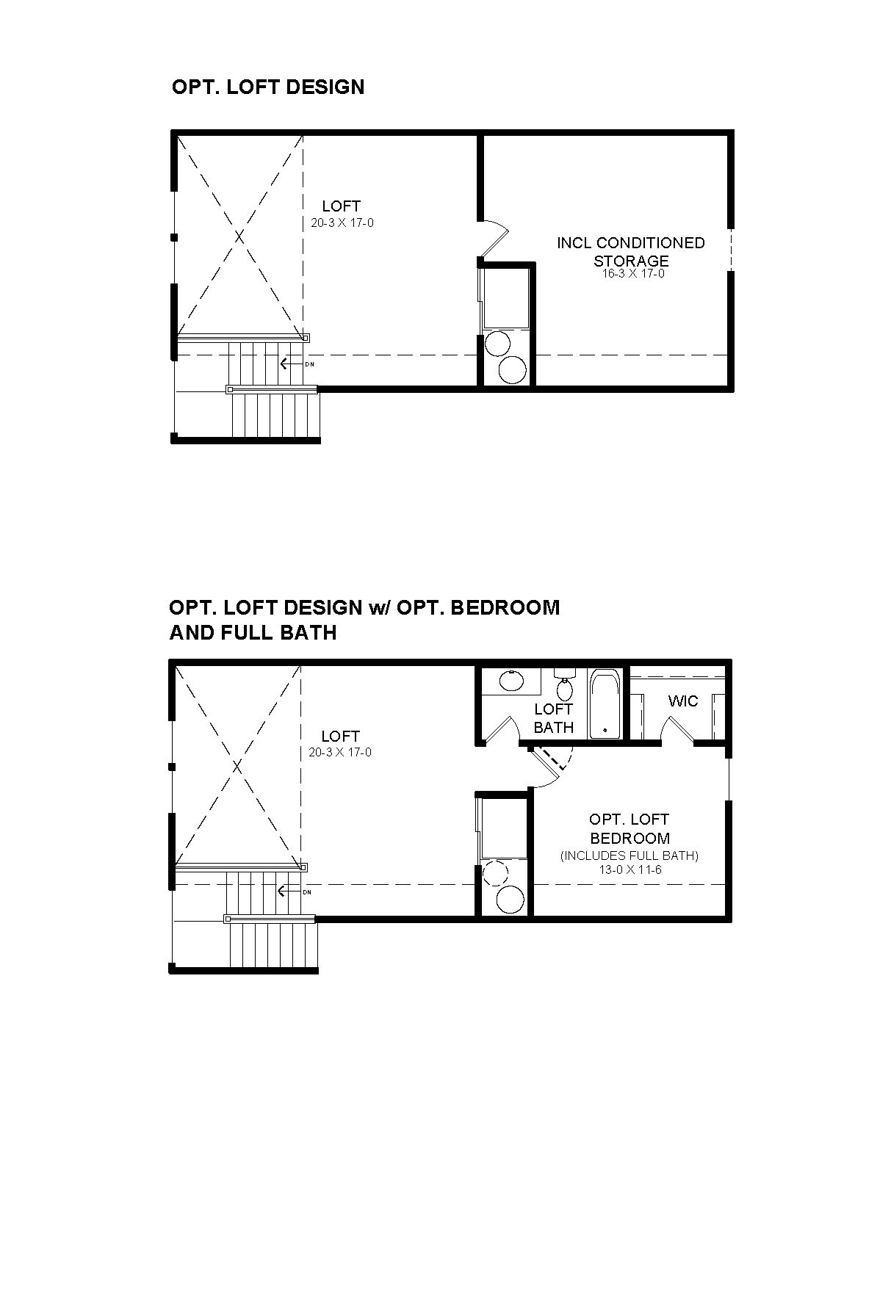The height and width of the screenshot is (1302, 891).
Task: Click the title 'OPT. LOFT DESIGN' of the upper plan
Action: point(268,87)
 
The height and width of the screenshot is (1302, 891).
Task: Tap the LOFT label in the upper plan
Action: point(342,206)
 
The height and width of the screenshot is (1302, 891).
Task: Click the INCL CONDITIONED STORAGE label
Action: point(631,251)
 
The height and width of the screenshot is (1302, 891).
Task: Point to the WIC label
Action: point(683,701)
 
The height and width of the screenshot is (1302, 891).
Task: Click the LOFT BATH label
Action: point(554,718)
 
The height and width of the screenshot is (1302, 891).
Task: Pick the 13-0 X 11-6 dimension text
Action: point(630,869)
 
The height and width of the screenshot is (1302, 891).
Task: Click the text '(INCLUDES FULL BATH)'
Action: point(630,856)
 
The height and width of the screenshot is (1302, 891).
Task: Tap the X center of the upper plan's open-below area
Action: point(239,236)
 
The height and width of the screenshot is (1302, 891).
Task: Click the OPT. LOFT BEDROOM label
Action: point(630,828)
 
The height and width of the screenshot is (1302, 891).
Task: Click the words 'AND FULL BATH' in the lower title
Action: point(253,632)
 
